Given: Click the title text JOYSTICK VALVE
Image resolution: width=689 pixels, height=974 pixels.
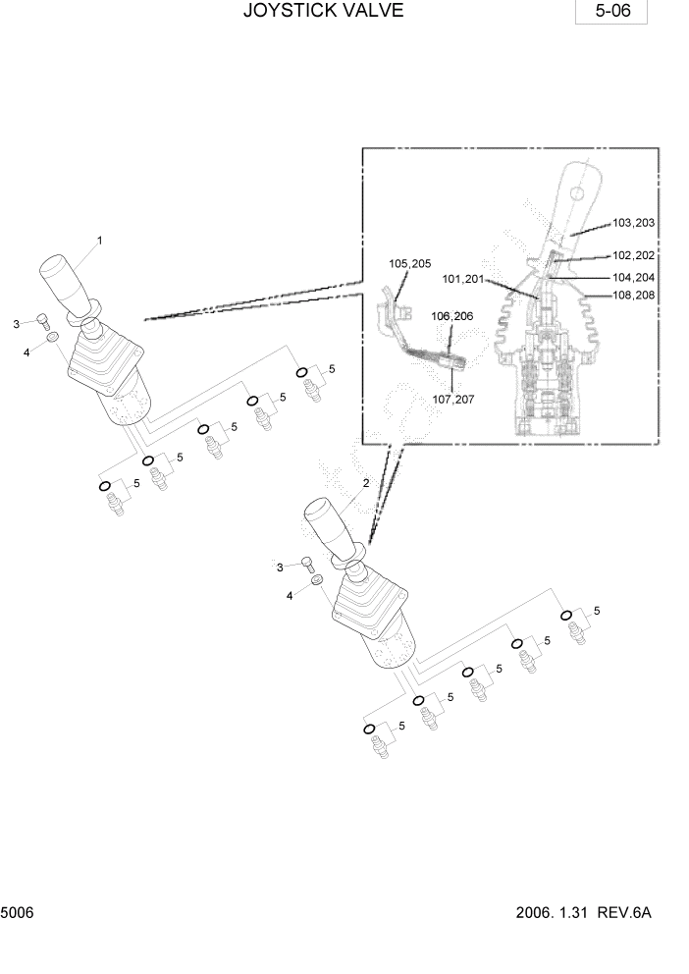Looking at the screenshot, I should (323, 12).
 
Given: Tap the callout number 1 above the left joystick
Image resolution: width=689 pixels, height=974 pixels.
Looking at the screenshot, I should (99, 240).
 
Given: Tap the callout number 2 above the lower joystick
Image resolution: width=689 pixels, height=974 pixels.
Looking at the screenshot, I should (366, 483).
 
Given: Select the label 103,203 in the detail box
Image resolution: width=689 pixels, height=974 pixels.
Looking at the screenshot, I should (633, 223).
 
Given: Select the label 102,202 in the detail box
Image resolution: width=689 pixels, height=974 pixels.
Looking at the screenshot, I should (633, 254).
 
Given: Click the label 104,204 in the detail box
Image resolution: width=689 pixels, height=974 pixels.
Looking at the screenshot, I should (633, 278).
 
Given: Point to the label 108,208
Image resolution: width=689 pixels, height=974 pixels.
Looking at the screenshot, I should (633, 295).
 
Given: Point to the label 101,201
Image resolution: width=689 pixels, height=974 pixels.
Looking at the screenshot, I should (463, 279).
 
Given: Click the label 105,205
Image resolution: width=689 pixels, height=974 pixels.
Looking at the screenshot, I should (409, 263).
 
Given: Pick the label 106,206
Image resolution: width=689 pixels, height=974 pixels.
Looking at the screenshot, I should (451, 316).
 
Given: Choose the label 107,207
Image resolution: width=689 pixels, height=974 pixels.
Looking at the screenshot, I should (452, 399).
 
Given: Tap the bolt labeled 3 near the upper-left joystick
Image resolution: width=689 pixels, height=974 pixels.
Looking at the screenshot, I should (43, 318).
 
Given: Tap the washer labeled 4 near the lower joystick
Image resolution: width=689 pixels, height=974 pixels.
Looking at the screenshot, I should (317, 583).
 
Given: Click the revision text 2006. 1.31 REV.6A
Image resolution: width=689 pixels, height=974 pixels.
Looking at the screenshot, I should (583, 913).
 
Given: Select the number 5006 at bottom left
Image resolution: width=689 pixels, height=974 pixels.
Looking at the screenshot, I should (18, 913).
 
